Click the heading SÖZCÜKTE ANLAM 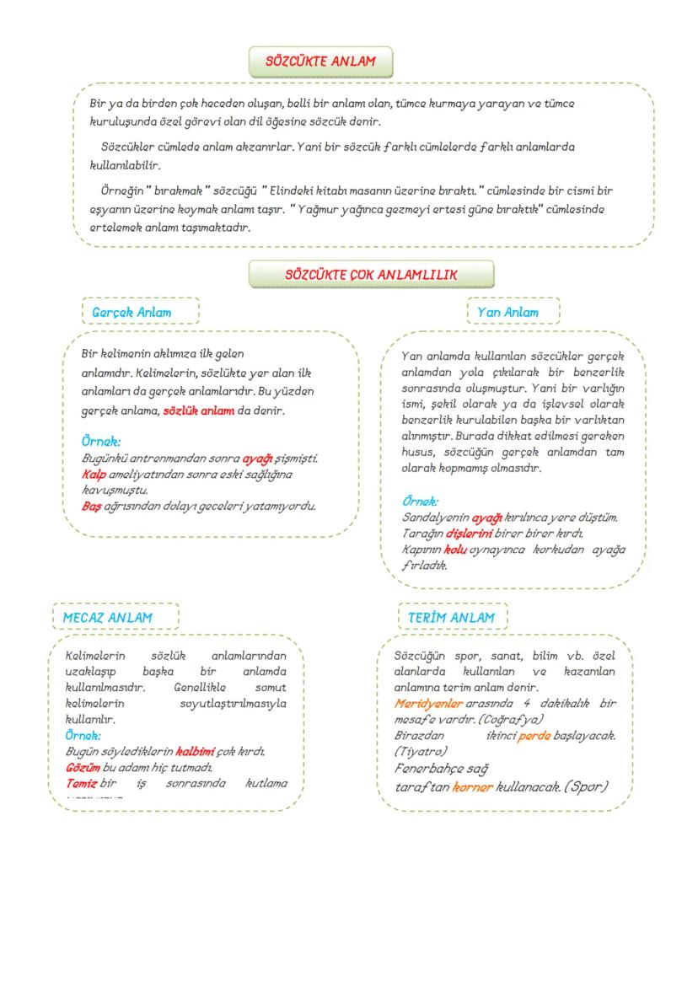coord(319,62)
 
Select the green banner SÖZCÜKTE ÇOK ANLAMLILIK coord(371,274)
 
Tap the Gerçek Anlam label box coord(140,312)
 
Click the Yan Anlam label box coord(513,312)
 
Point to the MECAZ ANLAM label coord(115,617)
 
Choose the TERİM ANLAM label coord(453,617)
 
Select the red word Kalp coord(94,475)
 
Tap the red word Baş coord(91,506)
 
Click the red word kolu coord(455,549)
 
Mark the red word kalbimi coord(195,751)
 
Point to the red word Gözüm coord(83,767)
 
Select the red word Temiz coord(82,783)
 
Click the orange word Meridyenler coord(427,703)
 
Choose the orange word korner coord(472,786)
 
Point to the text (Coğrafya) coord(511,718)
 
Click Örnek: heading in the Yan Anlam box coord(420,501)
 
